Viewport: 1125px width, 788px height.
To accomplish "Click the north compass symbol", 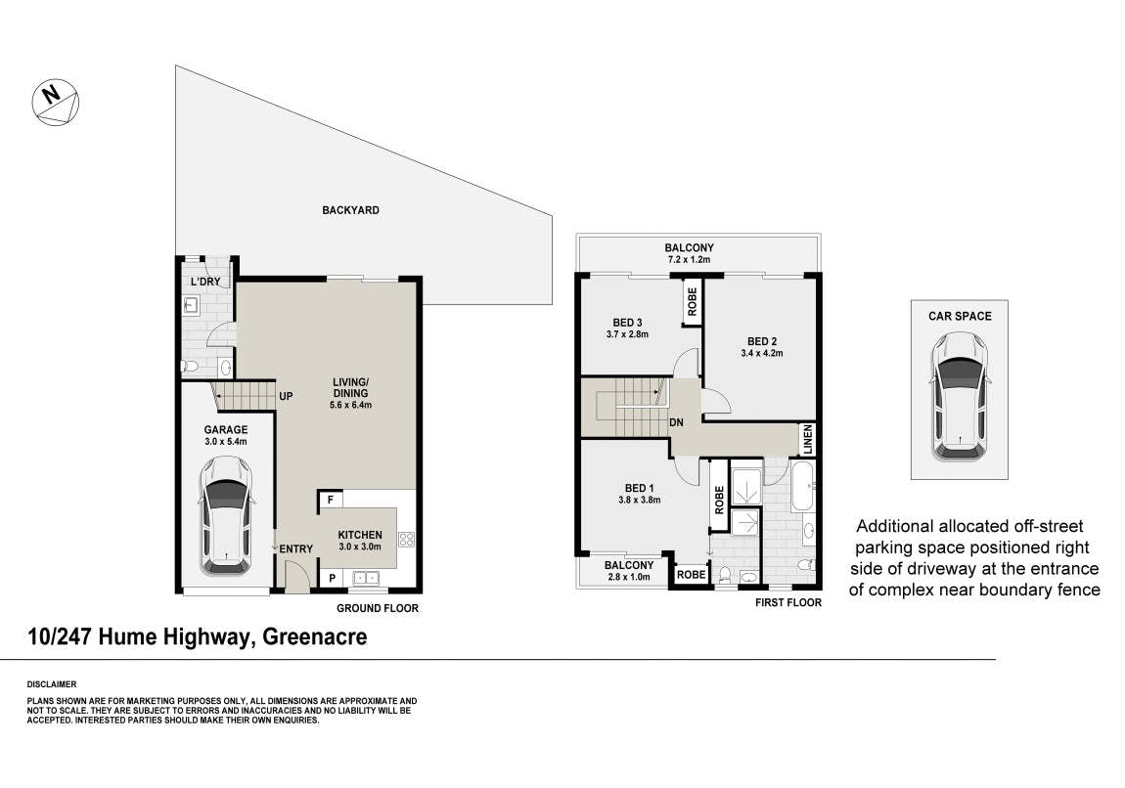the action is coord(55,102).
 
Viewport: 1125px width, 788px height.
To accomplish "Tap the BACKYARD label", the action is coord(350,210).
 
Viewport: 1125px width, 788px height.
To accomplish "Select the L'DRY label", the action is coord(205,281).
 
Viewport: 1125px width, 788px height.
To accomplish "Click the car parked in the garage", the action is coord(225,515).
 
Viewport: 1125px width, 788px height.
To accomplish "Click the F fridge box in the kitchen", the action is coord(331,499).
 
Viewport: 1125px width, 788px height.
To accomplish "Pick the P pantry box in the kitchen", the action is coord(332,578).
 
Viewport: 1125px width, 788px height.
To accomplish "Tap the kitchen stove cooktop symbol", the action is coord(406,540).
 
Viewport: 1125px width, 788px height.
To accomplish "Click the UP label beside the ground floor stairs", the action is coord(286,396).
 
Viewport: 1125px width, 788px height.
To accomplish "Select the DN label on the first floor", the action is coord(676,423).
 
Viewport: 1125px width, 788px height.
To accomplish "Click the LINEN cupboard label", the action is coord(808,439).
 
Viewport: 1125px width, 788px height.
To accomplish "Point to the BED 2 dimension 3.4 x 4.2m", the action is coord(762,354).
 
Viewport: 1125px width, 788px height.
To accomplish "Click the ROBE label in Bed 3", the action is coord(692,302).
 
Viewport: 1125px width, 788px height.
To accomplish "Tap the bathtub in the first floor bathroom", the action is coord(802,486).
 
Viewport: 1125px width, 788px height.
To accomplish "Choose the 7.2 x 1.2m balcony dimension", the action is coord(689,259).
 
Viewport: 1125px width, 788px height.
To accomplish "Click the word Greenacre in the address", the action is coord(315,636).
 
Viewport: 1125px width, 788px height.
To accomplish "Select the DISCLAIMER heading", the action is coord(52,684).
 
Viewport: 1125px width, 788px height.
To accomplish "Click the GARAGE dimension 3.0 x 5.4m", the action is coord(225,442).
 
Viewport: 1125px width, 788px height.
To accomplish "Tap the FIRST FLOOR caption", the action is coord(788,602).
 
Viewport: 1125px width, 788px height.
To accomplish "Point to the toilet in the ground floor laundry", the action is coord(190,367).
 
